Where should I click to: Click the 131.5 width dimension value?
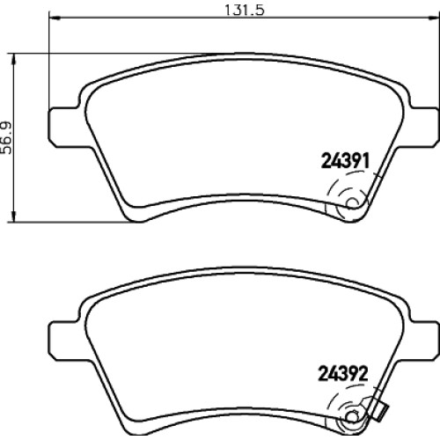(x=245, y=10)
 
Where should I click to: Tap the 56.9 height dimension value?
(x=6, y=137)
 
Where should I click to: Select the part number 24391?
(x=345, y=161)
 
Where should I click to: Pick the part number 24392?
(x=343, y=374)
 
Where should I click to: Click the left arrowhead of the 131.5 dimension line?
(x=55, y=18)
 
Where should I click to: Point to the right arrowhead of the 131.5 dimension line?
(x=434, y=18)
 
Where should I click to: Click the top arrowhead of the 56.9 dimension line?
(x=13, y=59)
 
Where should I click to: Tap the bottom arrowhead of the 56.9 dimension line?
(x=13, y=216)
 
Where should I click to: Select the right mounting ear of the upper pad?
(x=425, y=127)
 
